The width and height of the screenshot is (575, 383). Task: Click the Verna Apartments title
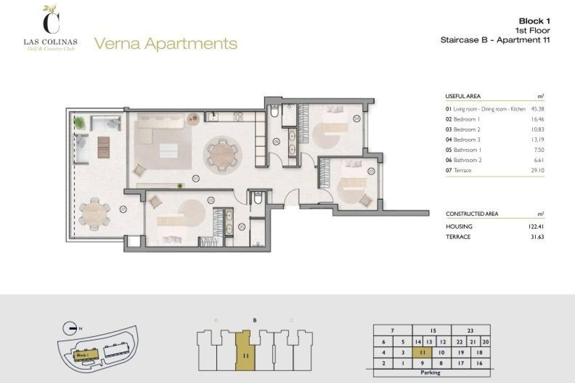(166, 43)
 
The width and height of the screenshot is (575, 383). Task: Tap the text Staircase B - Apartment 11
(495, 40)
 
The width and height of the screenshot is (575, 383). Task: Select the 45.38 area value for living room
(538, 109)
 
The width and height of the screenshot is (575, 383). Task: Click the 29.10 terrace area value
(538, 170)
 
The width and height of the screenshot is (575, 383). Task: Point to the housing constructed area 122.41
(536, 227)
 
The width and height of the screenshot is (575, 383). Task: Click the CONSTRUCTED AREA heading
(472, 214)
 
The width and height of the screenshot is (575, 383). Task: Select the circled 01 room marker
(196, 179)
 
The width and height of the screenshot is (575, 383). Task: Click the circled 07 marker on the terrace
(123, 209)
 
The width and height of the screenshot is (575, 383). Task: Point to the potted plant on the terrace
(79, 122)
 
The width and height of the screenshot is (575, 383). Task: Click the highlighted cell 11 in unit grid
(422, 352)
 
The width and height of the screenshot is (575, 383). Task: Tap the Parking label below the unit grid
(430, 373)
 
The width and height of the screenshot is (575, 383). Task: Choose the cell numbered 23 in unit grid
(470, 331)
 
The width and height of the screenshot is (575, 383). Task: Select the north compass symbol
(70, 328)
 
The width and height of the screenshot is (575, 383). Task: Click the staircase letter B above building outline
(255, 320)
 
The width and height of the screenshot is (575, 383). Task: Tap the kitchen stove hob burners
(238, 116)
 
